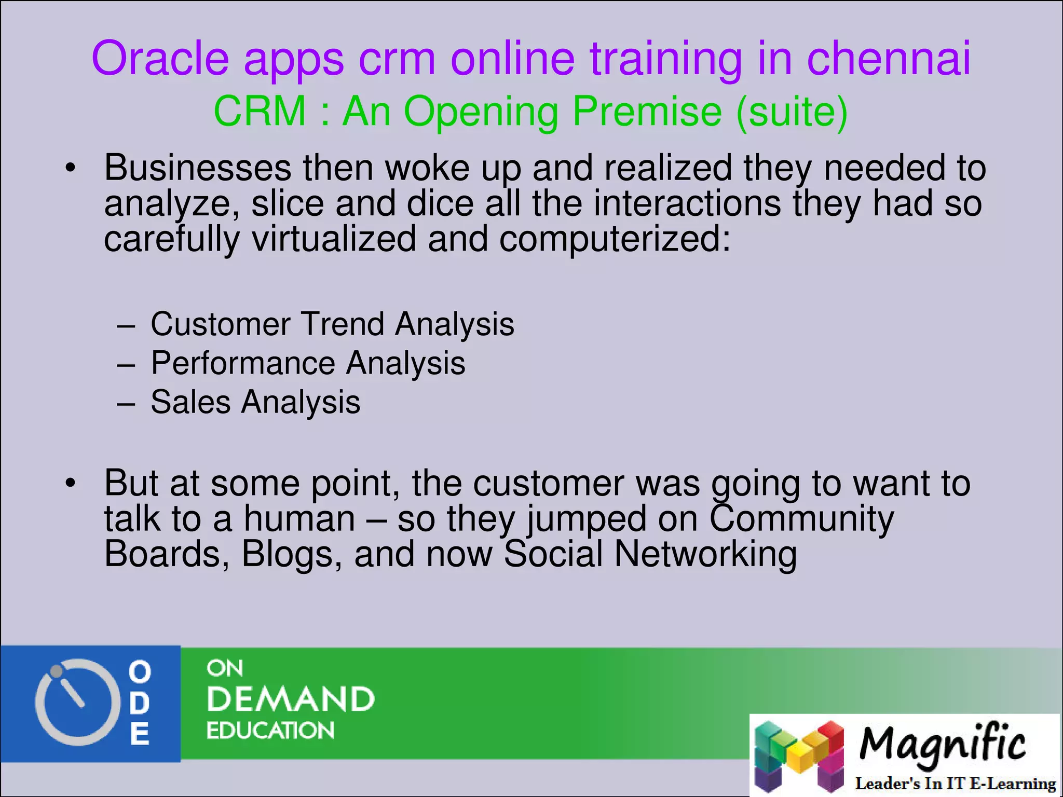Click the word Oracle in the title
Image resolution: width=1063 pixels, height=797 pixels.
point(160,58)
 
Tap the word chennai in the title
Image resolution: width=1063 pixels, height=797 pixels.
point(888,58)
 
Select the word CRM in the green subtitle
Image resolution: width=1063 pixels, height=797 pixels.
point(260,112)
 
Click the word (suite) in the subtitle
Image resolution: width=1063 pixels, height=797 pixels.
point(792,112)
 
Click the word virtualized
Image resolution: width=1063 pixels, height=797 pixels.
point(334,239)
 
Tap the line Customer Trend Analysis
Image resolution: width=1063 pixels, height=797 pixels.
point(332,324)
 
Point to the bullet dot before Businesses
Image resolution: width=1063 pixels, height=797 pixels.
point(71,168)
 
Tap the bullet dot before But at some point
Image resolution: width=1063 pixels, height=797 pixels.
point(71,484)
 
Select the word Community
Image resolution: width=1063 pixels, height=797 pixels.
point(801,519)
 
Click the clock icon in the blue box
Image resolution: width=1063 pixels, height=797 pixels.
point(74,702)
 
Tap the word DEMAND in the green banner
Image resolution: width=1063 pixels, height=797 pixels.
point(290,699)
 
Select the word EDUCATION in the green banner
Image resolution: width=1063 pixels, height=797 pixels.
point(270,731)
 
